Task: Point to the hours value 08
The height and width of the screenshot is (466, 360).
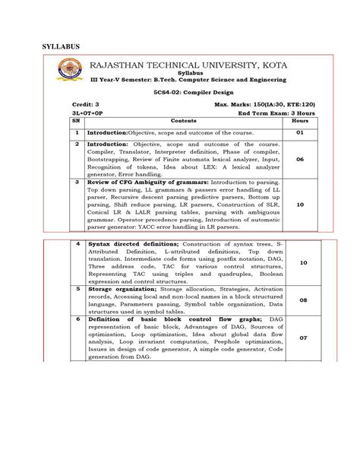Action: (304, 300)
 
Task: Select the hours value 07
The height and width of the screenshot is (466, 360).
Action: (304, 337)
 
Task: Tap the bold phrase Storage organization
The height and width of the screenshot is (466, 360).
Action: (124, 290)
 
